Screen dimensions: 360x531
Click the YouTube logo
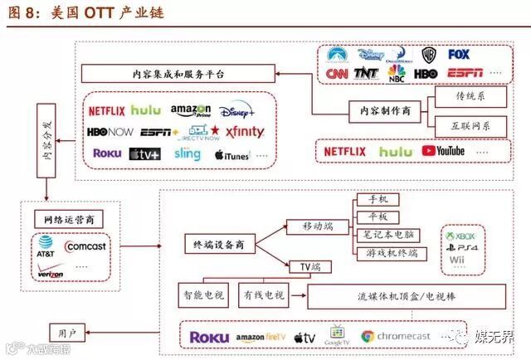[443, 151]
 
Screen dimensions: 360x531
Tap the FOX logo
[458, 55]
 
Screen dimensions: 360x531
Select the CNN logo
[337, 74]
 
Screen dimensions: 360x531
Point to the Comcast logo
[85, 246]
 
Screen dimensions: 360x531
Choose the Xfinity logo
[244, 132]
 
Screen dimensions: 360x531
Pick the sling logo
[188, 154]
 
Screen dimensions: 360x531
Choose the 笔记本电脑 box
[389, 235]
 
